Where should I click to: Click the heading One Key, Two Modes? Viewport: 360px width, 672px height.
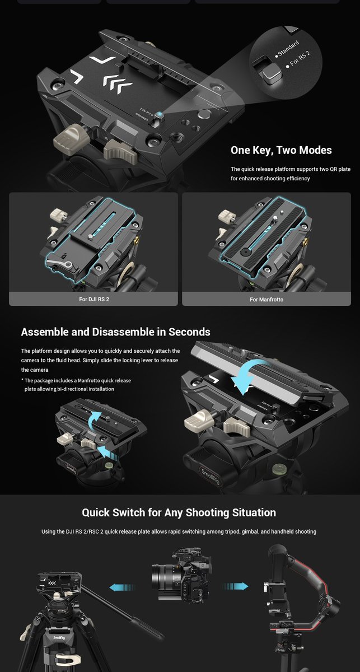coord(281,150)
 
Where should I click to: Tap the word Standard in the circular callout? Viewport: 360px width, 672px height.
coord(288,49)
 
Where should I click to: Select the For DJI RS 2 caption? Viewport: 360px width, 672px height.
coord(94,299)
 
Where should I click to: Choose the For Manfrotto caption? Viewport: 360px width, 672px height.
coord(267,299)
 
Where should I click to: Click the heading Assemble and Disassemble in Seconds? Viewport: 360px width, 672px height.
coord(115,332)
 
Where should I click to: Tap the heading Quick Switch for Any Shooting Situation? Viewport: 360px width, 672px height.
coord(179,512)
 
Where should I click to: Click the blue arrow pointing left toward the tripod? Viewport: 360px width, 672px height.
coord(122,587)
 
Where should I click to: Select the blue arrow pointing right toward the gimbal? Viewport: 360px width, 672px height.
coord(235,586)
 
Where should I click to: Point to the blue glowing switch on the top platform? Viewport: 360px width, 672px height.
coord(160,114)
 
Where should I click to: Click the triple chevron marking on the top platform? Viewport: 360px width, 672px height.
coord(118,83)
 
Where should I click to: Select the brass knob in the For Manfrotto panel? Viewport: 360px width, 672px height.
coord(306,240)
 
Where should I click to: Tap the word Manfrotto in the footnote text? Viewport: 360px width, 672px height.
coord(89,380)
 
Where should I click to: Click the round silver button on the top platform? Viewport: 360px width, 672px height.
coord(204,114)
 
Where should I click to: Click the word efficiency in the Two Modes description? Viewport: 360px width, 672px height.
coord(298,179)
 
